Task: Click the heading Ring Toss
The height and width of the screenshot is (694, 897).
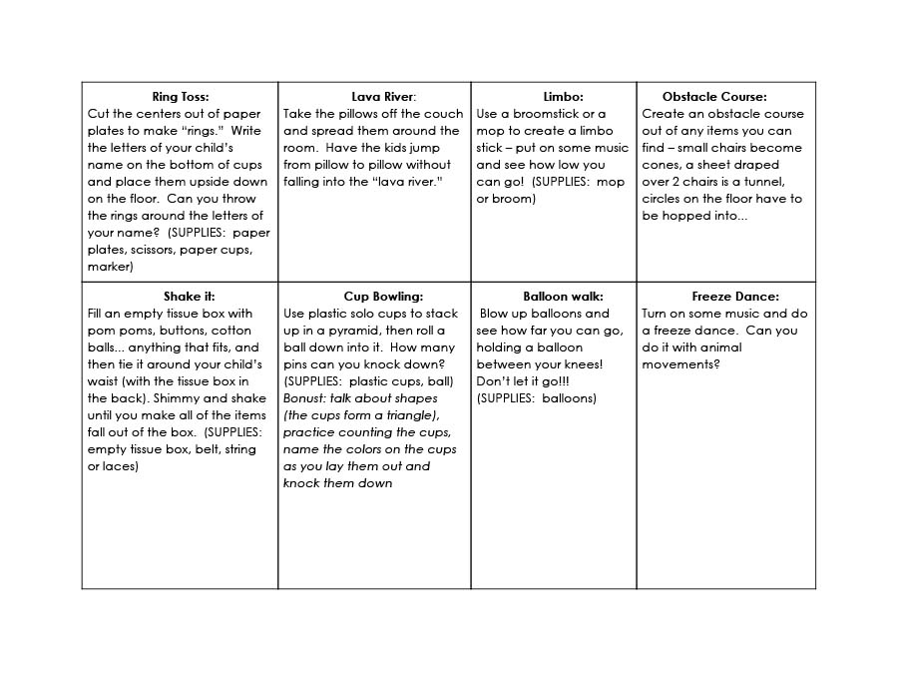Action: click(x=181, y=97)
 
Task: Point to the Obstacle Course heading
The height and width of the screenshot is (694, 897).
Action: click(x=714, y=97)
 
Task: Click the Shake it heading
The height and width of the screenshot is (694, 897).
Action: click(x=189, y=297)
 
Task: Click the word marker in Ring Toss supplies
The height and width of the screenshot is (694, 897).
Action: click(x=110, y=267)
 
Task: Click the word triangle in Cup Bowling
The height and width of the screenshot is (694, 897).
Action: click(x=406, y=415)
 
